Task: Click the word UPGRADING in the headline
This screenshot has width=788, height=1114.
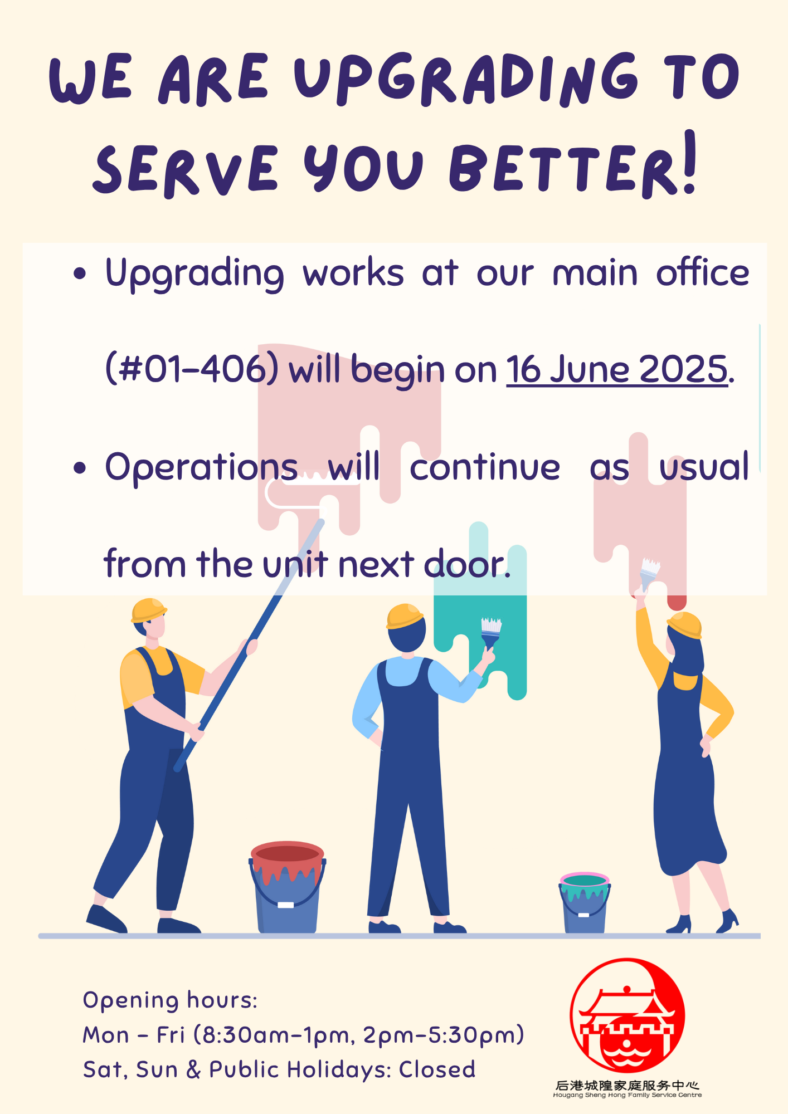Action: [466, 79]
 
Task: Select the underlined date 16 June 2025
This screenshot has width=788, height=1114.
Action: [617, 369]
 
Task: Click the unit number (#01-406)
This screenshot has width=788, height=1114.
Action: [192, 369]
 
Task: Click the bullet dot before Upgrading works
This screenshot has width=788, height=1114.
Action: [80, 273]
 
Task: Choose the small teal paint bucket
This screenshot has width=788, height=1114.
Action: [585, 902]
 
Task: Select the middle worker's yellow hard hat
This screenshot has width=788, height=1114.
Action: [404, 616]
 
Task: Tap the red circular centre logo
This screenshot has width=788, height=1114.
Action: [627, 1015]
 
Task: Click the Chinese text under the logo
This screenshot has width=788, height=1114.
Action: [627, 1085]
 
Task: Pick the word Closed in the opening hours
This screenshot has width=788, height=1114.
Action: [437, 1069]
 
